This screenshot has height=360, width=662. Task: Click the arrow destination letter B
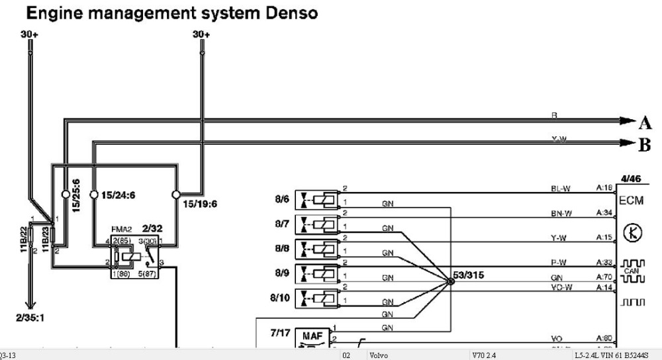tap(645, 146)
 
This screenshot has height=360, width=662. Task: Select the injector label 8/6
tap(282, 198)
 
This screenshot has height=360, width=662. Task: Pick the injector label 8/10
tap(280, 298)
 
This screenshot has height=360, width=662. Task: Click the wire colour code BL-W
tap(560, 189)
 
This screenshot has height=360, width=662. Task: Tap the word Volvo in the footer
tap(379, 355)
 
